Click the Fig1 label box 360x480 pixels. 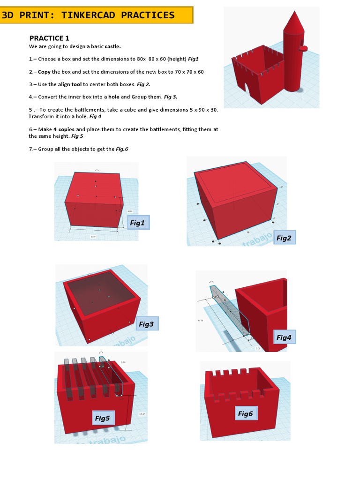(137, 223)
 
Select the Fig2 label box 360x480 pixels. (284, 238)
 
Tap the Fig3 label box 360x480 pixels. (146, 324)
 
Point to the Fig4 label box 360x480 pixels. (284, 337)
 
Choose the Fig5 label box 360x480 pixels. (102, 418)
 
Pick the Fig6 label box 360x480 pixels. (245, 413)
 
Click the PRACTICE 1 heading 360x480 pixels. (49, 38)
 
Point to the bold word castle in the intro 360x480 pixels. (112, 46)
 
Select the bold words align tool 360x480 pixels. (70, 84)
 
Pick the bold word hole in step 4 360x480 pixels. (114, 97)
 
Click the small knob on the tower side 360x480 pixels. (303, 47)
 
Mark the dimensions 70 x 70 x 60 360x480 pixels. (186, 72)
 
